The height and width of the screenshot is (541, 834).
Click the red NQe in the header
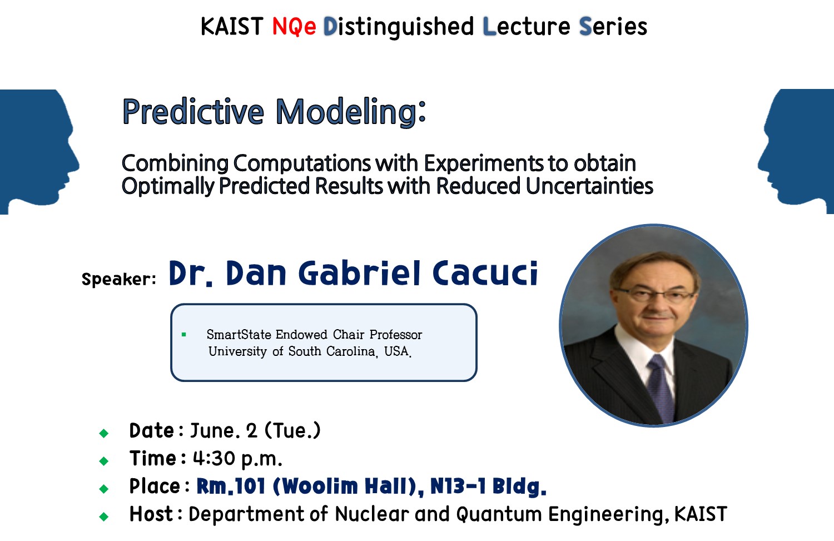point(294,27)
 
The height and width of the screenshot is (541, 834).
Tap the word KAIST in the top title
point(232,27)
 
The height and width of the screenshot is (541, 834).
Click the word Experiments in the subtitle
point(483,164)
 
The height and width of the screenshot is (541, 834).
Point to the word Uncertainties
point(589,186)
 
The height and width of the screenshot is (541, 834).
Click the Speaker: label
point(119,279)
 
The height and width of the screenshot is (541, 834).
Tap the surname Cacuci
point(485,273)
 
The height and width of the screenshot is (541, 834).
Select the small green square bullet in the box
point(183,335)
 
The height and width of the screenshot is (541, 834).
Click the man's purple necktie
point(661,388)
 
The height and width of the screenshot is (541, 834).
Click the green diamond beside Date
point(104,433)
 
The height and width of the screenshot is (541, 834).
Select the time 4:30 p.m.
point(237,459)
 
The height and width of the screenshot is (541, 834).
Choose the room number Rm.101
point(231,487)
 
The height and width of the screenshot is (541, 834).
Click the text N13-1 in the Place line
point(458,485)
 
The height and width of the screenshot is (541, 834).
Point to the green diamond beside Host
point(104,517)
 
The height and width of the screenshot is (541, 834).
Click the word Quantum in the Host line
point(499,514)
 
